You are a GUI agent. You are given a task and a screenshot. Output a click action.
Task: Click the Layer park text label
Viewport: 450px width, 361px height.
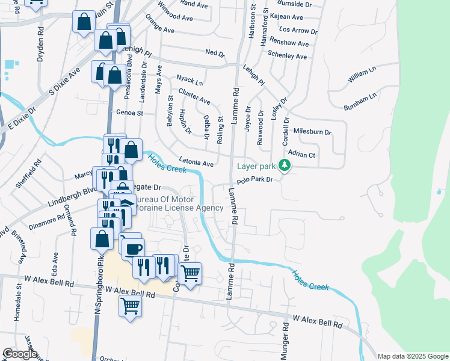click(x=256, y=166)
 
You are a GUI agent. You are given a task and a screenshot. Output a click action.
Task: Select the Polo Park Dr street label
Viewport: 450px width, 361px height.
click(x=254, y=180)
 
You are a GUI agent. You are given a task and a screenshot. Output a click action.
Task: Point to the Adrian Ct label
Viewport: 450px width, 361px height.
click(x=302, y=155)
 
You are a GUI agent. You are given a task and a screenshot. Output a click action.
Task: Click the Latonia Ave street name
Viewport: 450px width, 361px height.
click(x=196, y=164)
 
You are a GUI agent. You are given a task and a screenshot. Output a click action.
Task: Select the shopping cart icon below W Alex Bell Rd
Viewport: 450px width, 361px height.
click(x=131, y=306)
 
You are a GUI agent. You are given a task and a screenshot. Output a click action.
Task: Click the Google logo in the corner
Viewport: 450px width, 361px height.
click(x=20, y=354)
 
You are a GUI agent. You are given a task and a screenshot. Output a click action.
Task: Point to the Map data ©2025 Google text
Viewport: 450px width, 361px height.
click(x=412, y=356)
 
